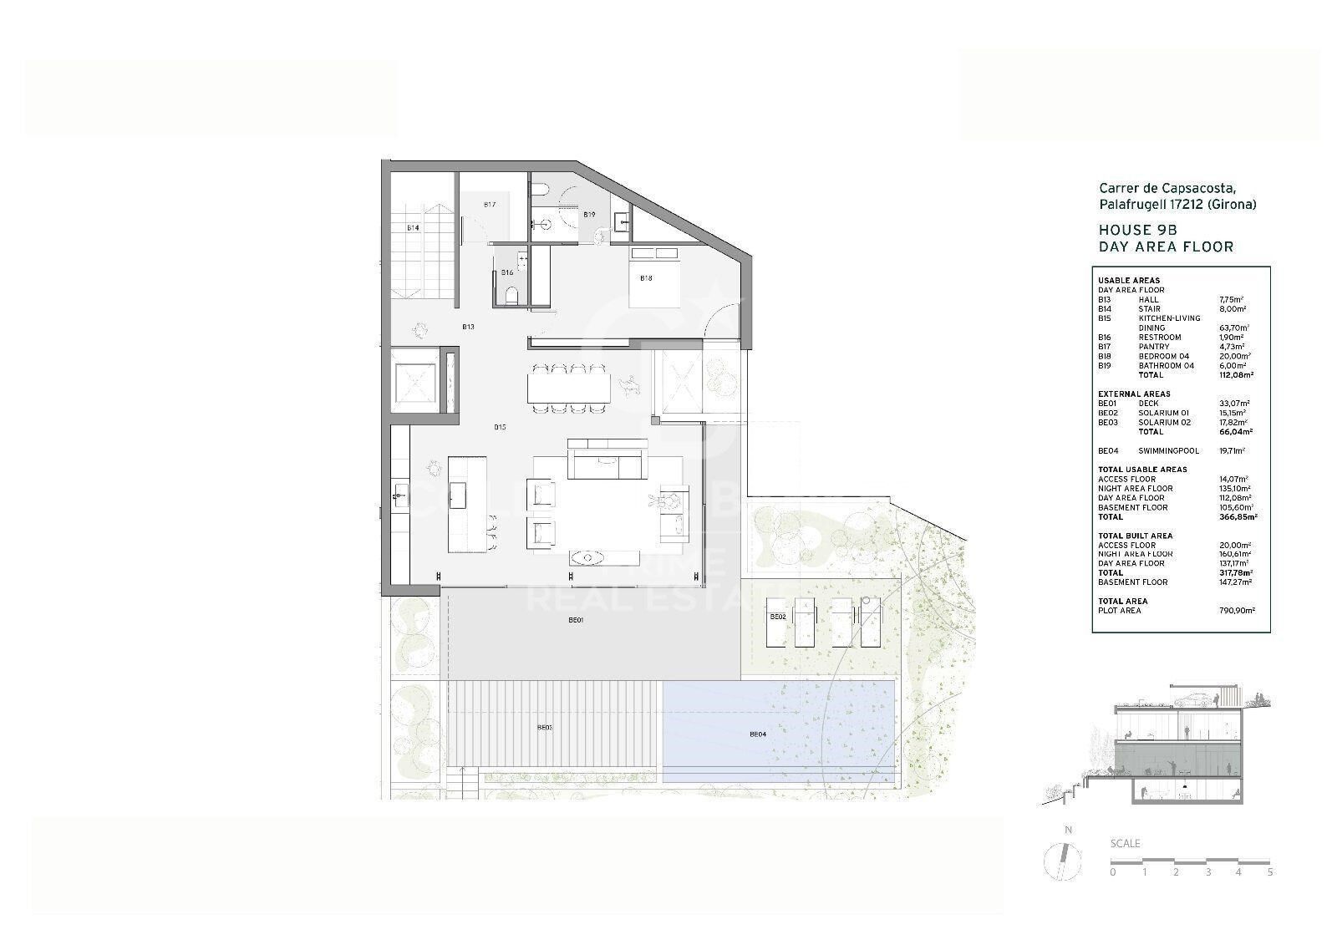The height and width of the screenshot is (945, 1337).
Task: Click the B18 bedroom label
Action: coord(646,278)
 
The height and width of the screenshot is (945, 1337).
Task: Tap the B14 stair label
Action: coord(413,227)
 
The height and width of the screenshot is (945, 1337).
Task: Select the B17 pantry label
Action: coord(490,205)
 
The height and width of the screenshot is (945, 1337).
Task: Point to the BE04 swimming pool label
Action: coord(757,734)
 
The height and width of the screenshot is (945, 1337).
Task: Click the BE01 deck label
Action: coord(576,620)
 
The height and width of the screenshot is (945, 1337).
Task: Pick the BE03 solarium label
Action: coord(545,728)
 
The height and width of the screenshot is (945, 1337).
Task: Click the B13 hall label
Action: coord(469,327)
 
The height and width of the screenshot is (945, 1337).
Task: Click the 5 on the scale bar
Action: coord(1270,872)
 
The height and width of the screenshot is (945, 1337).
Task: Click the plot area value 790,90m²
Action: coord(1238,611)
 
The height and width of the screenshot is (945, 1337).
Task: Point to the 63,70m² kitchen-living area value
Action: coord(1234,328)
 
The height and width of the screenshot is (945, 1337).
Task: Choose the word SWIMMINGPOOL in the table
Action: coord(1168,451)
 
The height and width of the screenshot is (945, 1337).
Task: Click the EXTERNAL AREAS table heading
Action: coord(1134,394)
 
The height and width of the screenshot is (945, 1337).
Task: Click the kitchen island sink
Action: coord(458,496)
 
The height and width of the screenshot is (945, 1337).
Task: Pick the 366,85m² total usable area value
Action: coord(1238,517)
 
